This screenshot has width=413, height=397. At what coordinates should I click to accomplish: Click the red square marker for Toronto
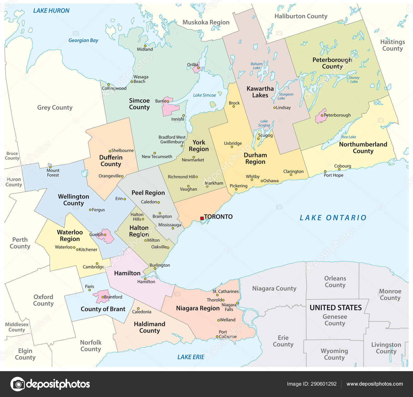pos(202,218)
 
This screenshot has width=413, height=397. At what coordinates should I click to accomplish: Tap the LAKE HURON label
pos(51,11)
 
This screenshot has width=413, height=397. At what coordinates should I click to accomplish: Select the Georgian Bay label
pos(83,40)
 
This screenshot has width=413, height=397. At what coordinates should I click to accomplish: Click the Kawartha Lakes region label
pos(260,92)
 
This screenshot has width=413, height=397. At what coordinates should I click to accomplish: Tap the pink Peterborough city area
pos(320,117)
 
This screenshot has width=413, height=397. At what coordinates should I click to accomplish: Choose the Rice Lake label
pos(348,137)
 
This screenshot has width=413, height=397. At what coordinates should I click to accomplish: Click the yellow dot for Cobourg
pos(339,170)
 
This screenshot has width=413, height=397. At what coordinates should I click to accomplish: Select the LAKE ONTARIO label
pos(333,218)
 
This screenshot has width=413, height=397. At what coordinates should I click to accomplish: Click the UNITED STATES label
pos(336,308)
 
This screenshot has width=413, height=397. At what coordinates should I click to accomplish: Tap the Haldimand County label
pos(149,327)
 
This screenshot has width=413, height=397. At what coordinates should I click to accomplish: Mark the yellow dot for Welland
pos(218,320)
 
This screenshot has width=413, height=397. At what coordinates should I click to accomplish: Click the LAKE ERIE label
pos(191,357)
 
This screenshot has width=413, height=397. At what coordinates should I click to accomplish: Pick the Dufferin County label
pos(111,161)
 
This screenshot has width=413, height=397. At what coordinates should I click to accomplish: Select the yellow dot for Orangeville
pos(122,176)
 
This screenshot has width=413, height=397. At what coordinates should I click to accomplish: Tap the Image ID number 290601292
pos(323,384)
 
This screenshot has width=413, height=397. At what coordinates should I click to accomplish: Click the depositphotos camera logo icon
pos(18,384)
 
